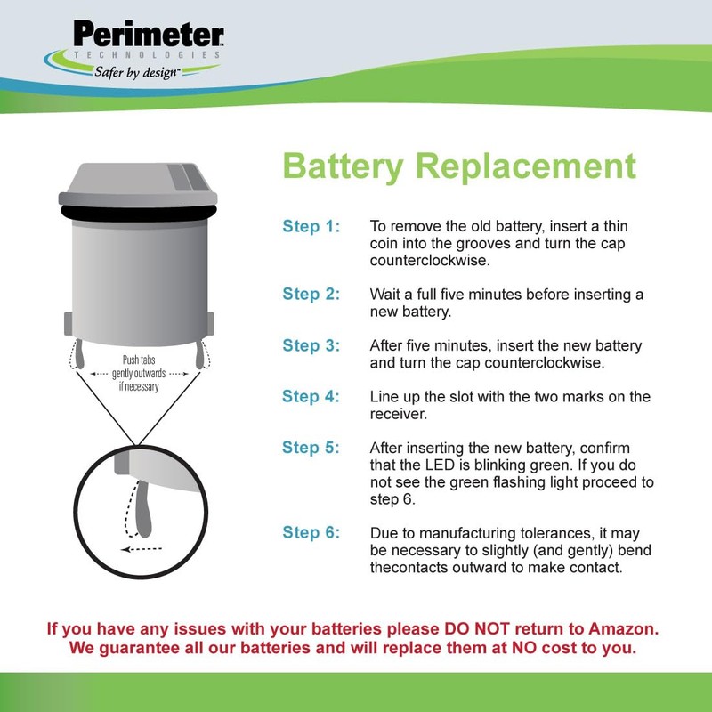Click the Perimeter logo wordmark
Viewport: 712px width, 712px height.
pos(149,35)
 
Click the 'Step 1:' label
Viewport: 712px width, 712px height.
pos(311,226)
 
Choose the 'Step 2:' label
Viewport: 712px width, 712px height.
pos(311,294)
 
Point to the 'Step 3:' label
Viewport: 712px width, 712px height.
pos(311,345)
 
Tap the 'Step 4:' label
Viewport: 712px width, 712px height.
pos(311,397)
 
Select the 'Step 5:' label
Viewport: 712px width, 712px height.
pos(311,449)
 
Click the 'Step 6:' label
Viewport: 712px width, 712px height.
pos(311,533)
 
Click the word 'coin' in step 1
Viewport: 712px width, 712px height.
pos(385,244)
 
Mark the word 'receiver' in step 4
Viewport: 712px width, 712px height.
pos(397,414)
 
